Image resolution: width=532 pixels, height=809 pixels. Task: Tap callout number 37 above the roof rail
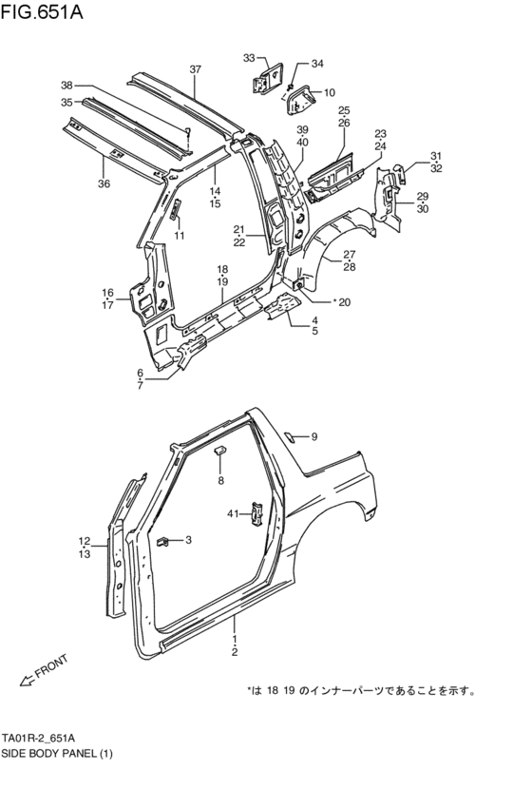pos(195,69)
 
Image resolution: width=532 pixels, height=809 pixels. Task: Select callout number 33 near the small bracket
pos(249,59)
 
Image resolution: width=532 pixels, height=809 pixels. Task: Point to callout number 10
pos(329,92)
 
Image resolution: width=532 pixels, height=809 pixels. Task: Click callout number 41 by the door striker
pos(233,513)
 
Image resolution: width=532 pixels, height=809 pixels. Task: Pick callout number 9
pos(314,436)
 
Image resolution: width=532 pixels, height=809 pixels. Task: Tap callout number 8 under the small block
pos(220,481)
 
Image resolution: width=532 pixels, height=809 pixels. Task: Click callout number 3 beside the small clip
pos(188,540)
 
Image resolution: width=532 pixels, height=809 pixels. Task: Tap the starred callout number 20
pos(341,302)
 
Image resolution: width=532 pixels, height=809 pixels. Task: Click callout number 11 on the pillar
pos(179,236)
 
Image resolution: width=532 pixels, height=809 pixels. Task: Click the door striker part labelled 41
pos(256,513)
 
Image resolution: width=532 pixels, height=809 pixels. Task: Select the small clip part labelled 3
pos(163,542)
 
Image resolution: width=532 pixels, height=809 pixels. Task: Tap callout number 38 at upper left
pos(66,84)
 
